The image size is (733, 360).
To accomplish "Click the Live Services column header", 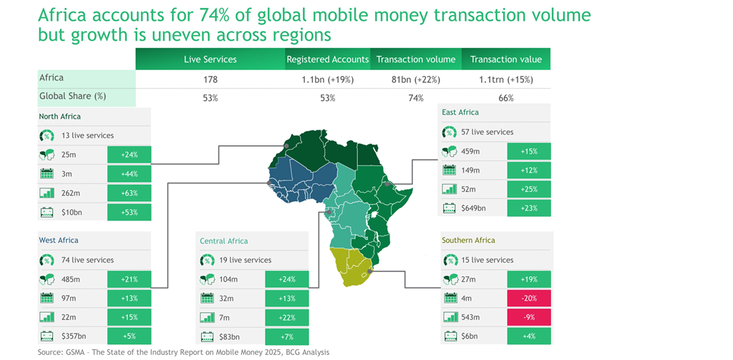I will point(210,59).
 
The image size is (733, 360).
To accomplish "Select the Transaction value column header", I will point(505,59).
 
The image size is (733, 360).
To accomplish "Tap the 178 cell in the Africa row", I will point(210,79).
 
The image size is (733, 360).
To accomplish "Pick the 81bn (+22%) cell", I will point(415,79).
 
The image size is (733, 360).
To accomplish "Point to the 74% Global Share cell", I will point(415,98).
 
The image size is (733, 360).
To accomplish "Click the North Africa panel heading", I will point(60,116).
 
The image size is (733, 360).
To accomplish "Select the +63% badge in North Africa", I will point(129,193).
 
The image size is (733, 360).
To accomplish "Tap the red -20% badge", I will point(529,298).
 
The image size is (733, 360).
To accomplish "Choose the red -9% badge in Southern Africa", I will point(529,318).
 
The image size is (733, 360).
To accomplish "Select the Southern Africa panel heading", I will point(468,240).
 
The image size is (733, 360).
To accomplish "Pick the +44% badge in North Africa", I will point(129,173).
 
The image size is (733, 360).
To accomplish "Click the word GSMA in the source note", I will point(76,352).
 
